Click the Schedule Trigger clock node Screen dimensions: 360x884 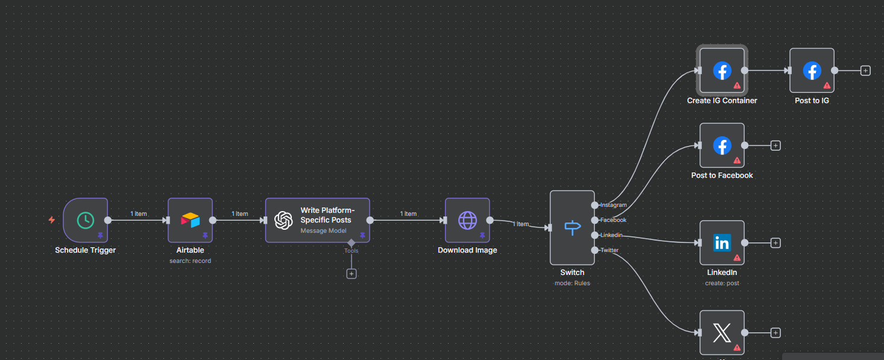coord(85,220)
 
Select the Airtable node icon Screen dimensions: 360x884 coord(190,220)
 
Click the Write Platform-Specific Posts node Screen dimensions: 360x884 coord(317,220)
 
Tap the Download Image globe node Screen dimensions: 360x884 coord(467,220)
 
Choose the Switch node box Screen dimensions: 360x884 coord(572,227)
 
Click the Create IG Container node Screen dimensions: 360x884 coord(722,71)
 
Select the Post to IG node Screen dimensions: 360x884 coord(812,71)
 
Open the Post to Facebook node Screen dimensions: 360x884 coord(722,145)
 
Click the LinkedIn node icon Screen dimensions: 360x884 coord(722,242)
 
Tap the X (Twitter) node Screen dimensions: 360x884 coord(722,332)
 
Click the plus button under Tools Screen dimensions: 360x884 coord(352,274)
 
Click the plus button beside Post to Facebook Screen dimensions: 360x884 coord(776,145)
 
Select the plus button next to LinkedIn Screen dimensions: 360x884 coord(776,242)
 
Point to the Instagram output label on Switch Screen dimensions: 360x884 coord(613,205)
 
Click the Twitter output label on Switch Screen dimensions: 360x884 coord(609,250)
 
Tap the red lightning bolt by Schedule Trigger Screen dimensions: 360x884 coord(52,220)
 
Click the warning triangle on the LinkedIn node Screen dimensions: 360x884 coord(737,257)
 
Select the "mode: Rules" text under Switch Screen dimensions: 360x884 coord(572,283)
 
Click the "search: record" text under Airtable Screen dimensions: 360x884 coord(190,261)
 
